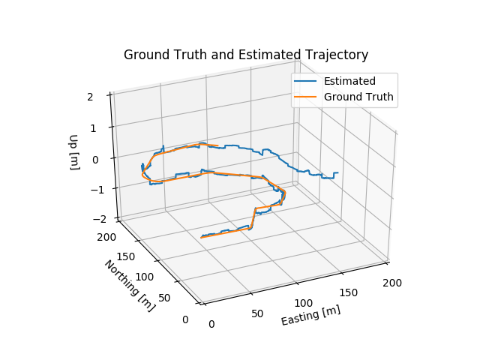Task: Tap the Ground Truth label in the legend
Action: [x=358, y=97]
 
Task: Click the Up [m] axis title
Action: [x=74, y=152]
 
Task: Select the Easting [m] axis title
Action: [x=310, y=316]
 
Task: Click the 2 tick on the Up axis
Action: [x=100, y=96]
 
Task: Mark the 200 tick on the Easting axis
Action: [x=393, y=283]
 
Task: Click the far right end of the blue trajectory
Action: [x=337, y=172]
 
